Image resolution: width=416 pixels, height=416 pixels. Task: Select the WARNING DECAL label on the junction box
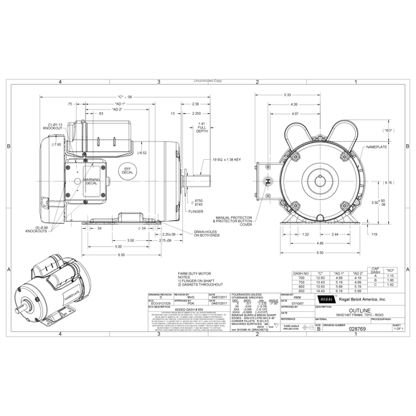coord(90,181)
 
